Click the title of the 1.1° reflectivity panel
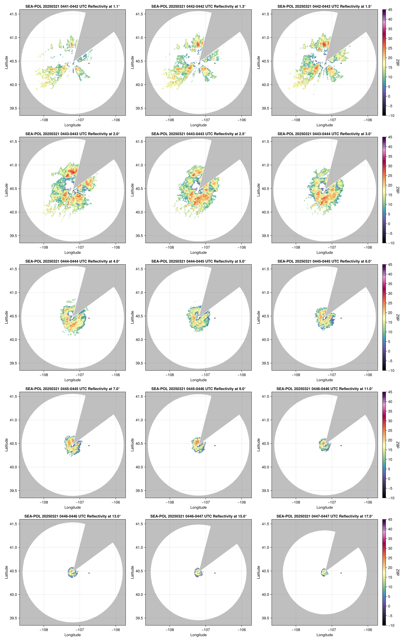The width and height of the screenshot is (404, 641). (73, 6)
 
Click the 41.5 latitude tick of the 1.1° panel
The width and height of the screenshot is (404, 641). (13, 14)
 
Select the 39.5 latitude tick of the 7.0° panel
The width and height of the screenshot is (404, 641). (13, 491)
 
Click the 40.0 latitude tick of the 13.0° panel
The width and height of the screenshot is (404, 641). (13, 594)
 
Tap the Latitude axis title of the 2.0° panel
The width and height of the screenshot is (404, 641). (6, 190)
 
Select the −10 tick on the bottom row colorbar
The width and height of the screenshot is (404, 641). (391, 625)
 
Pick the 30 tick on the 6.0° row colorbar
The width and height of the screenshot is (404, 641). (390, 293)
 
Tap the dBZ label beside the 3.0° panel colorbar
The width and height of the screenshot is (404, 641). (398, 190)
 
